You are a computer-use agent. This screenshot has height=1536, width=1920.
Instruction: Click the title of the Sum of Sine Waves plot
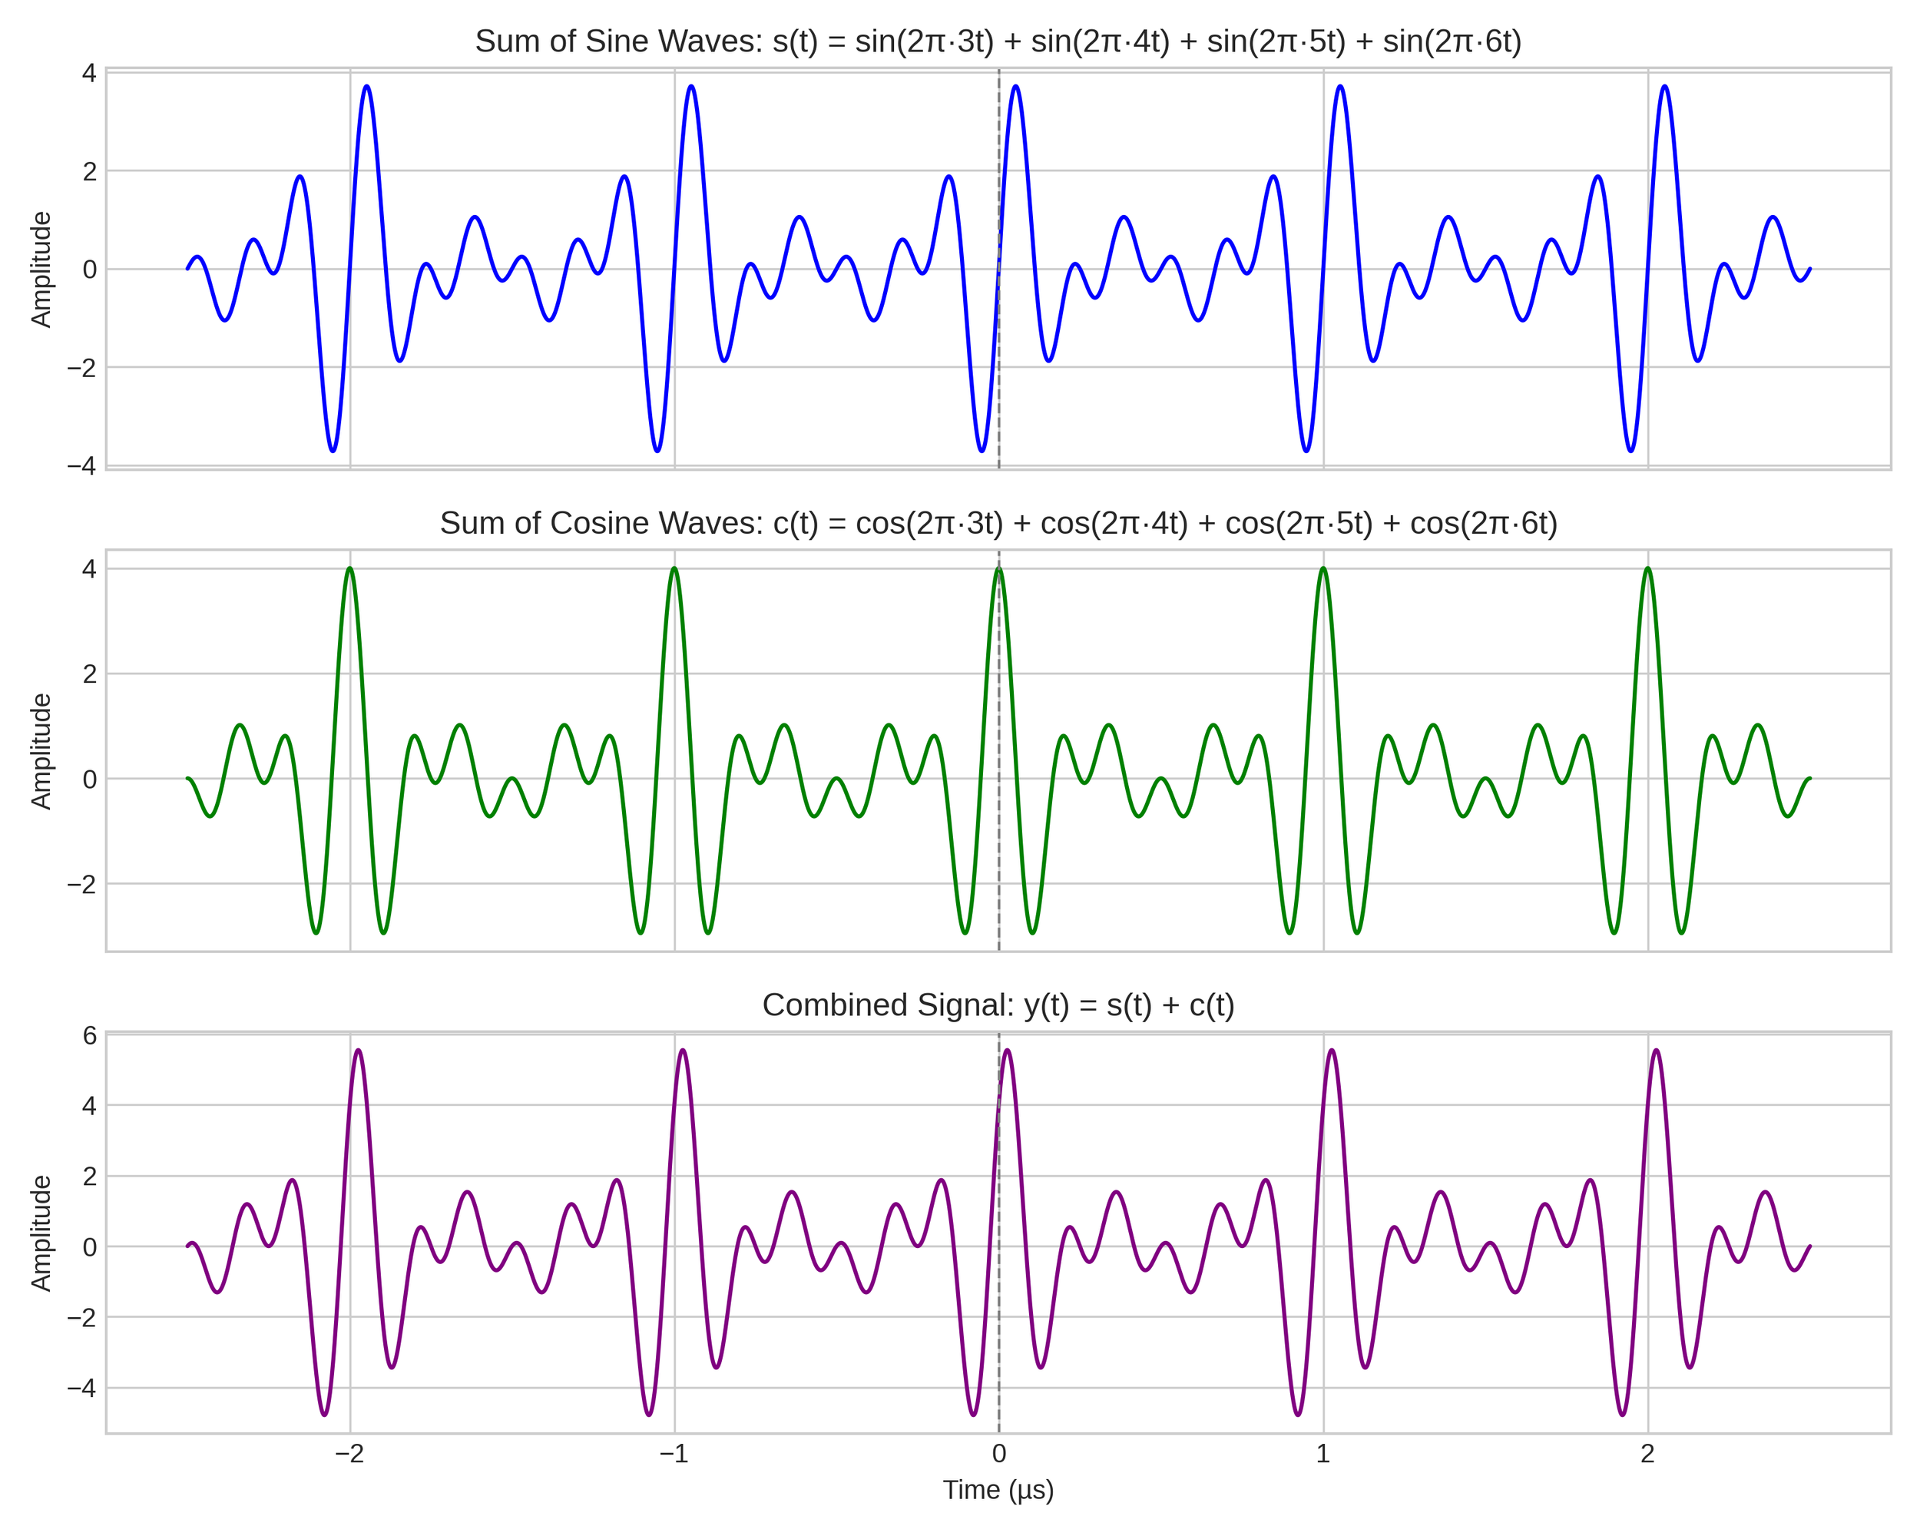pos(998,41)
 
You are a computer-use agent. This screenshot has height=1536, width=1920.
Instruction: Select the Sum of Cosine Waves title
pos(998,524)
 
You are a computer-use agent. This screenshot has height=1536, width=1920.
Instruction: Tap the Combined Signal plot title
pos(998,1005)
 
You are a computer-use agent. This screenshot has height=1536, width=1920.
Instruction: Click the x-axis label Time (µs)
pos(998,1490)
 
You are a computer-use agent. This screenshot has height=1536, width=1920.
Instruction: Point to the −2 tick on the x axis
pos(349,1454)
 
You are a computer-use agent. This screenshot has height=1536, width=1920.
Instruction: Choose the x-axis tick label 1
pos(1322,1454)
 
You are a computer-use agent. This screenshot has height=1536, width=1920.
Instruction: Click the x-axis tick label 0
pos(998,1454)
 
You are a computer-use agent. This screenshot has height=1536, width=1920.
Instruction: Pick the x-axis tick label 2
pos(1647,1454)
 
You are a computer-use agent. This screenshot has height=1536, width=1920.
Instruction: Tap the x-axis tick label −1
pos(674,1454)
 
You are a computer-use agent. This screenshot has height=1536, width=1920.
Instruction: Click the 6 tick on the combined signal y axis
pos(89,1035)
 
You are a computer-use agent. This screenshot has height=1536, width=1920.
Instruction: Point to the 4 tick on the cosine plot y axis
pos(89,569)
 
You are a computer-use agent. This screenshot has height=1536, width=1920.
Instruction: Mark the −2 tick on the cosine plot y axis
pos(81,884)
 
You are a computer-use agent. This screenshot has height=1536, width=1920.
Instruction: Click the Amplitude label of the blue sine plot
pos(41,270)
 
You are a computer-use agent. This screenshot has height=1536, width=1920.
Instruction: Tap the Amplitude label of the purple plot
pos(41,1233)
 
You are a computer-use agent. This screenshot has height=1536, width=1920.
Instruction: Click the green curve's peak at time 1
pos(1323,568)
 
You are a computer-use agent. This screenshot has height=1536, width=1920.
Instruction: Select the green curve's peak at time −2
pos(350,568)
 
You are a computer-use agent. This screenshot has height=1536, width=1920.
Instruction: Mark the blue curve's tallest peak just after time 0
pos(1015,86)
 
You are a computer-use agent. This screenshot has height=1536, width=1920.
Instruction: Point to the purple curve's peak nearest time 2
pos(1656,1051)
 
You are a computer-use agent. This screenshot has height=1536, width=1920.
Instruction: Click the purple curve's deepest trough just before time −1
pos(649,1415)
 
